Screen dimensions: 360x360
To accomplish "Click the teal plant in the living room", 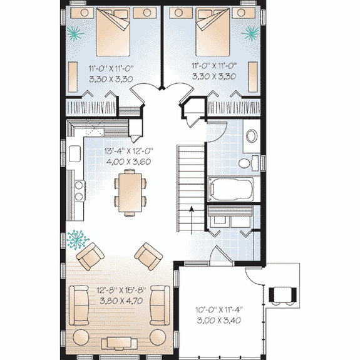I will coord(78,239).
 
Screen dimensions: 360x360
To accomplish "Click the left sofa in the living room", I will coord(80,304).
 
